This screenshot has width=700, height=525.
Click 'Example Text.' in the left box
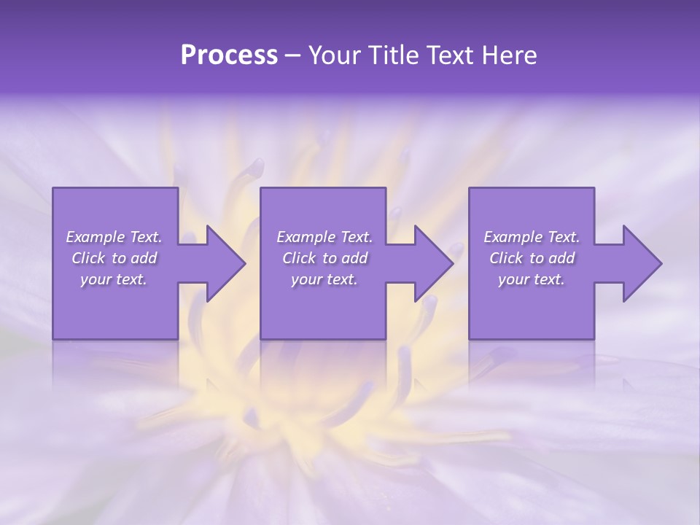[114, 237]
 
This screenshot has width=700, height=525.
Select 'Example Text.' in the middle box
[324, 237]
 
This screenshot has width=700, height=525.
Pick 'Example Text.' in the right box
[532, 237]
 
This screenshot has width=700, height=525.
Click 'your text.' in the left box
[114, 279]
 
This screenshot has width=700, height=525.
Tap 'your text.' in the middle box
[324, 279]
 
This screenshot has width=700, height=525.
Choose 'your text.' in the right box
[532, 279]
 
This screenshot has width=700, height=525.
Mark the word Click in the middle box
[300, 258]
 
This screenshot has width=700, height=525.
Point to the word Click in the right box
[507, 258]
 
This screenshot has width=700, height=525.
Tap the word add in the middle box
[354, 258]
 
